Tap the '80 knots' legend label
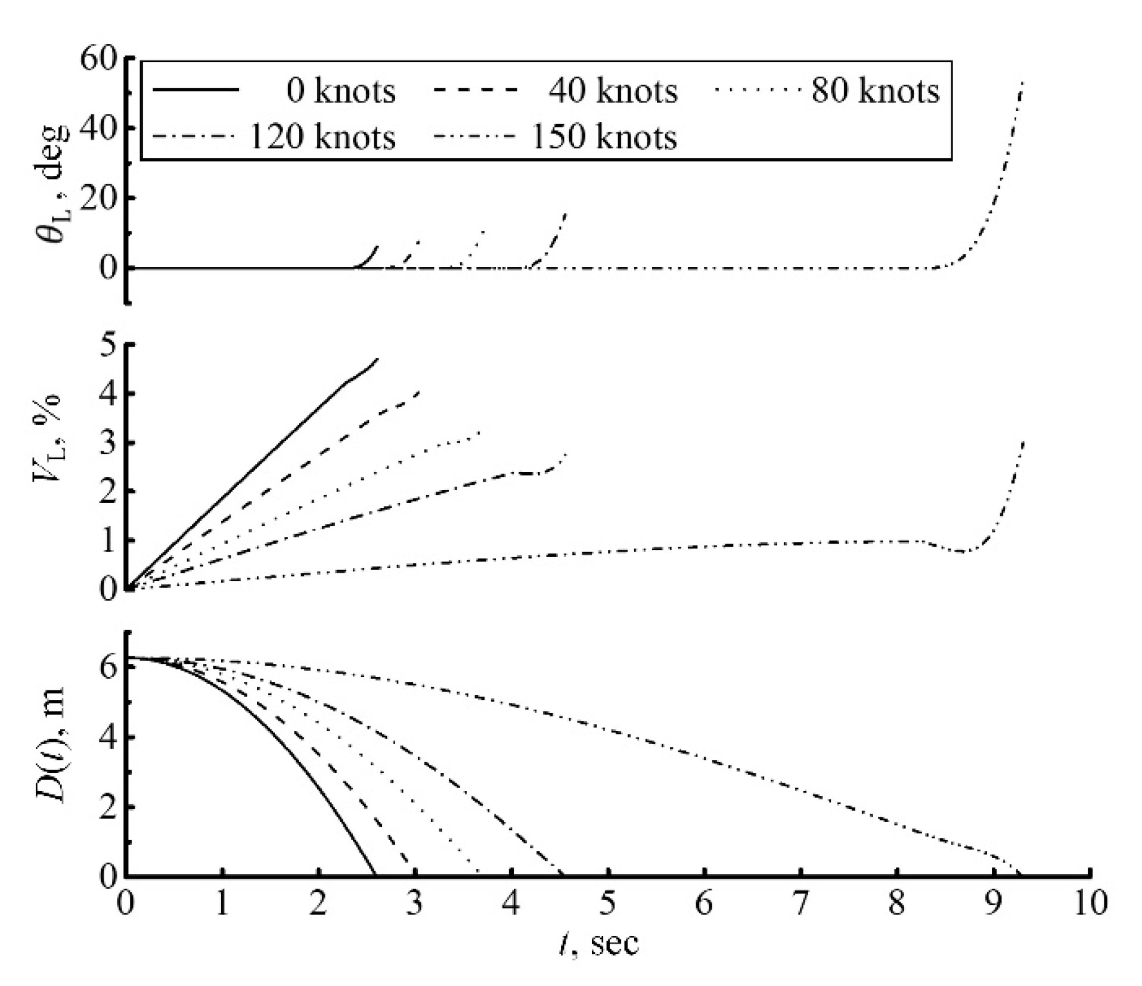tap(875, 91)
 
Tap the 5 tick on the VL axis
tap(108, 345)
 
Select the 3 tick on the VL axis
tap(108, 443)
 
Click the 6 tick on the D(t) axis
tap(108, 667)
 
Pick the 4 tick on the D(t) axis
tap(108, 737)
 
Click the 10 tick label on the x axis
tap(1090, 903)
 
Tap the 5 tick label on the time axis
tap(607, 903)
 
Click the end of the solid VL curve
tap(378, 359)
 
